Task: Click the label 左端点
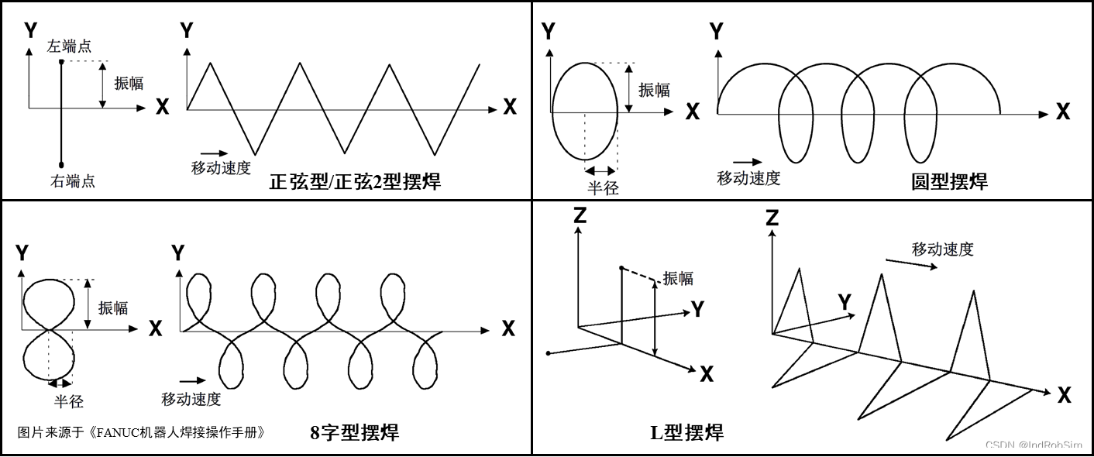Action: [70, 46]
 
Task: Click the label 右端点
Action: [73, 181]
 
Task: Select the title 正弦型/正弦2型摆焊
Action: [356, 182]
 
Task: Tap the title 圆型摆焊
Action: [949, 182]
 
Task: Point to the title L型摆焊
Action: [686, 432]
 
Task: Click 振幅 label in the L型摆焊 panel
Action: [678, 279]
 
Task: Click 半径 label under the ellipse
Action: [603, 187]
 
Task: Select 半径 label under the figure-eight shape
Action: [68, 401]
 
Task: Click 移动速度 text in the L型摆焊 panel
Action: [942, 249]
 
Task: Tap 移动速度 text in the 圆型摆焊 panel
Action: [748, 178]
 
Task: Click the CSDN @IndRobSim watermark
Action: [1034, 445]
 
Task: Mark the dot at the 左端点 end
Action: [61, 61]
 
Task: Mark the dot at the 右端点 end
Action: [61, 164]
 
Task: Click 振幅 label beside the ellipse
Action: [654, 90]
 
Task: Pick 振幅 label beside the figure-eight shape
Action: [113, 308]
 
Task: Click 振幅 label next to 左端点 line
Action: [129, 84]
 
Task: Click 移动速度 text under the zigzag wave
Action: [222, 167]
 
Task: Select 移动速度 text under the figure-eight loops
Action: [191, 399]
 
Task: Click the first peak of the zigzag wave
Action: [210, 64]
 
